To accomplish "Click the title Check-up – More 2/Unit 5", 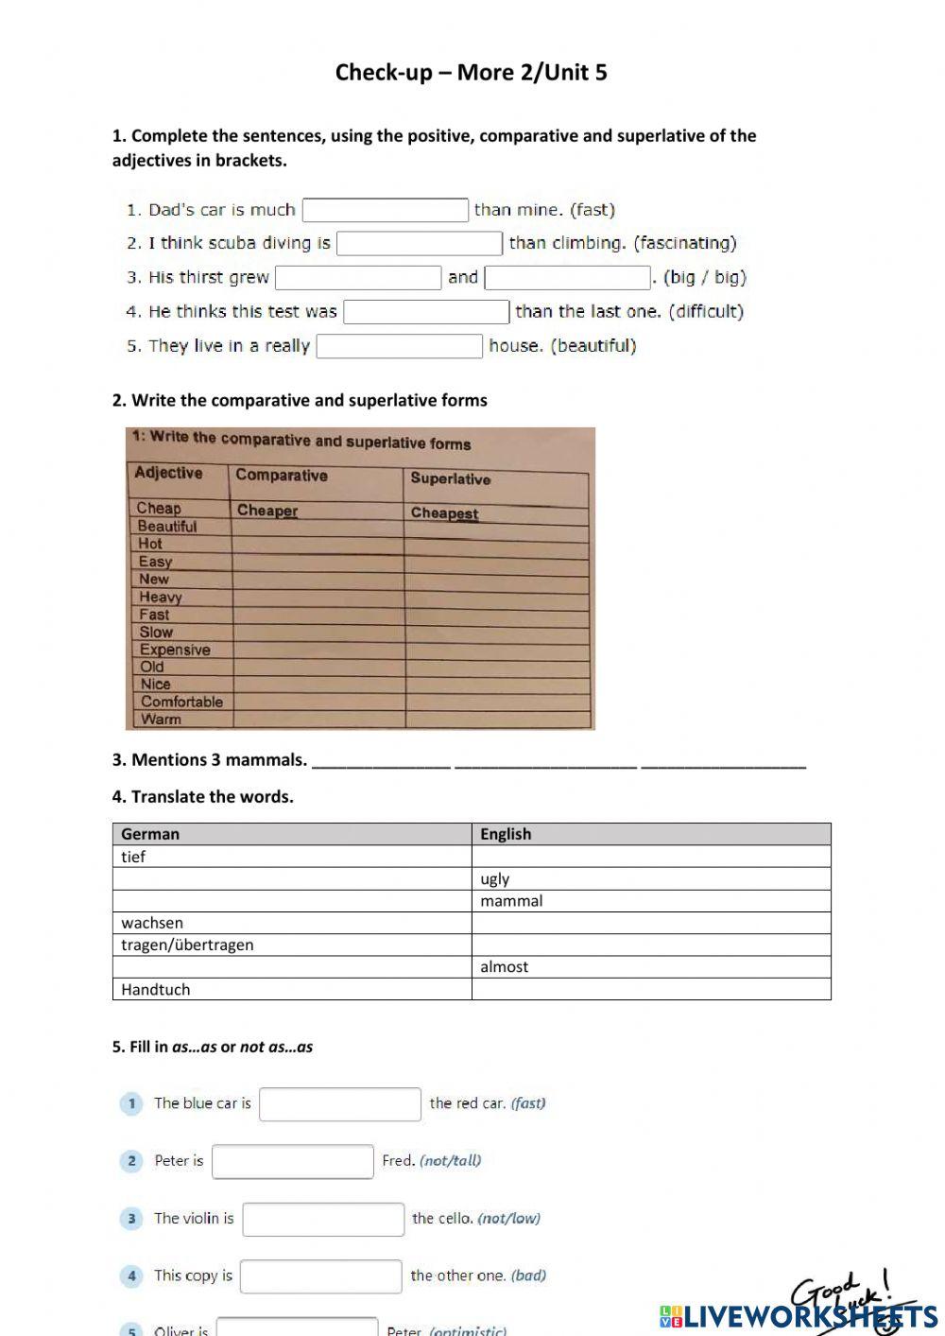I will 471,73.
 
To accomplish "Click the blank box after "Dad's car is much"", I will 385,210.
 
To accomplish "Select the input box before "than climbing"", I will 420,244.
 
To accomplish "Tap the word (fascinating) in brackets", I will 685,243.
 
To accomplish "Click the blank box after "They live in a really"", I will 399,346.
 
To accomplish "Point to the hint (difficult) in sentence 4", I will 706,311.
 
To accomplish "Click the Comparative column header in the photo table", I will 281,476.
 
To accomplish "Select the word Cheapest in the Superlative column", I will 444,512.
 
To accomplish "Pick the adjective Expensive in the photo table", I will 175,650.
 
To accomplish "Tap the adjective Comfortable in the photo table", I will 181,702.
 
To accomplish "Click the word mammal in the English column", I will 511,901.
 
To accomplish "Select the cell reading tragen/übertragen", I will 187,945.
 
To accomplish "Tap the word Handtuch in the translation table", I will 156,989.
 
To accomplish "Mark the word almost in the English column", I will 504,966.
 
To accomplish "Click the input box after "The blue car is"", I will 339,1103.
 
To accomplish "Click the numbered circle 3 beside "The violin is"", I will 131,1219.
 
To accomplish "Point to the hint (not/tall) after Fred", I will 450,1160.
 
